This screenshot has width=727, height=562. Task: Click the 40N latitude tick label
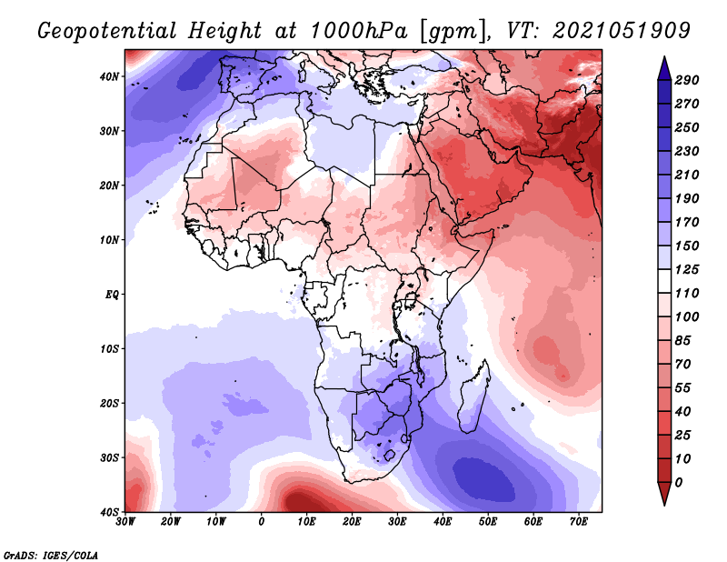109,76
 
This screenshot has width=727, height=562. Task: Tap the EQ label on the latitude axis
112,295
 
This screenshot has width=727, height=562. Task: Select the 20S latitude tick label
109,403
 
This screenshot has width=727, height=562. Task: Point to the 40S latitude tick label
109,512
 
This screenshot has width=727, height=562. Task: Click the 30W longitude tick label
125,522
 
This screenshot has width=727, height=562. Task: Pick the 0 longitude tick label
262,522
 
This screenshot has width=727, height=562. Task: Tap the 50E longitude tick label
488,522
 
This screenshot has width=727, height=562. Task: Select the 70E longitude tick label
579,522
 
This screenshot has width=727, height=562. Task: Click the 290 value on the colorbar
687,80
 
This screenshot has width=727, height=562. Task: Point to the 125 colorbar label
687,269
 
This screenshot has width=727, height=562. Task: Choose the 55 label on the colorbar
683,388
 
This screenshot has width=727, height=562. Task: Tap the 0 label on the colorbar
679,483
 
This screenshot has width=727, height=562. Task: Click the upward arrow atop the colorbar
664,68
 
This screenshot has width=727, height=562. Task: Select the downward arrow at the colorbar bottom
664,494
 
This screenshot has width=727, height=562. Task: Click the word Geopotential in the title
107,31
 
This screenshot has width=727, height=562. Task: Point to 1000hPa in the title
359,31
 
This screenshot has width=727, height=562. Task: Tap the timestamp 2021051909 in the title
622,31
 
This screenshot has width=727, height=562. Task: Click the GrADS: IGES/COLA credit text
51,555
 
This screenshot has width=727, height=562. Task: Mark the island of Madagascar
473,396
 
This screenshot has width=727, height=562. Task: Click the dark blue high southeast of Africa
483,479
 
